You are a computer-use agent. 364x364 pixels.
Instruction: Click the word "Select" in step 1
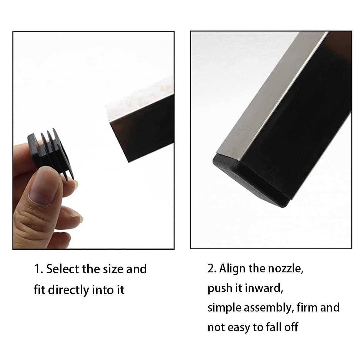(x=63, y=269)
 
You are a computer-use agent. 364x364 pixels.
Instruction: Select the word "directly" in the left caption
(x=68, y=290)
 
